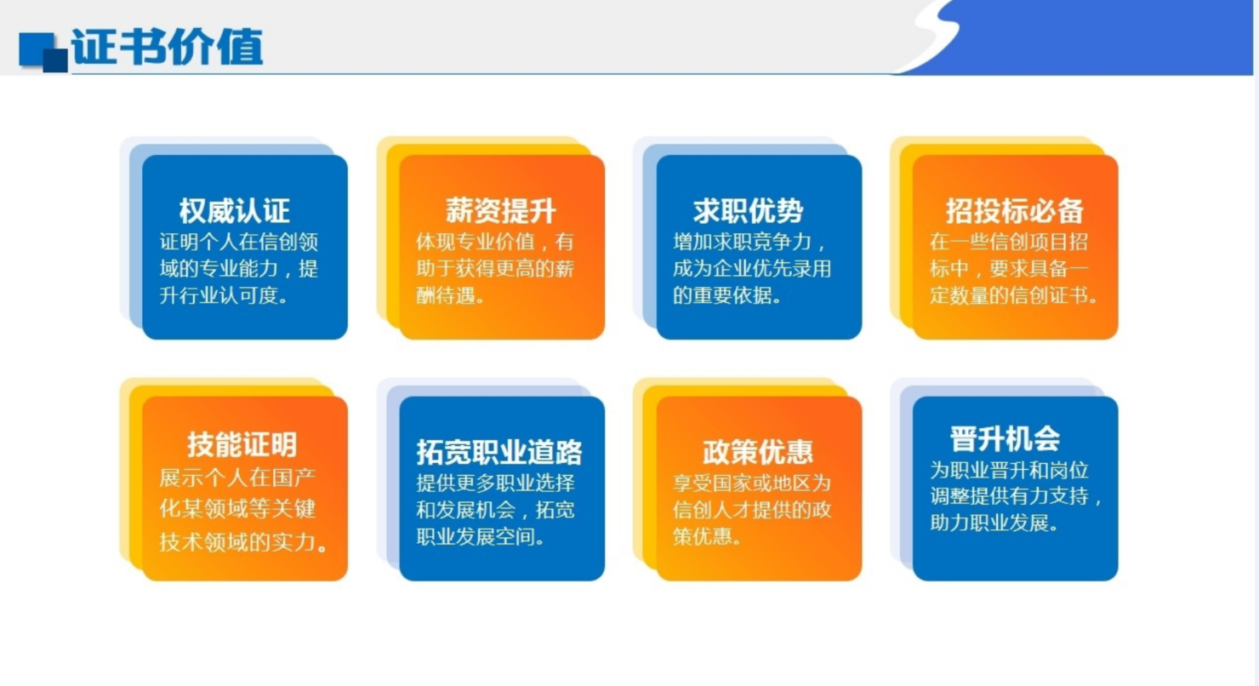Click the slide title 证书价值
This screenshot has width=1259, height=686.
coord(168,47)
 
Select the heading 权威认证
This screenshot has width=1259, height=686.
coord(235,211)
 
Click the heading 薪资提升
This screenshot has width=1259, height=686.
coord(501,211)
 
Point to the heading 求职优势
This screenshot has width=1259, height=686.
coord(748,211)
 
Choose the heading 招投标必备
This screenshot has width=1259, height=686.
coord(1015,211)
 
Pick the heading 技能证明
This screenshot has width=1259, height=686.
coord(242,444)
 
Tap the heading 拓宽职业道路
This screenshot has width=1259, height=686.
coord(500,451)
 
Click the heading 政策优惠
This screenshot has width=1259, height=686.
coord(758,451)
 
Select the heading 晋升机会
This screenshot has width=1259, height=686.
coord(1005,438)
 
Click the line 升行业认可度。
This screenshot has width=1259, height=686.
coord(225,297)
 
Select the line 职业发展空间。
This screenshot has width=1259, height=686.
coord(481,538)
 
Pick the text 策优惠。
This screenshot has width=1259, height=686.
coord(708,538)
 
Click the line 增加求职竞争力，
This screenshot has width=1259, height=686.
coord(749,241)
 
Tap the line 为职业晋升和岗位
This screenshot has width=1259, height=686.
coord(1010,469)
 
